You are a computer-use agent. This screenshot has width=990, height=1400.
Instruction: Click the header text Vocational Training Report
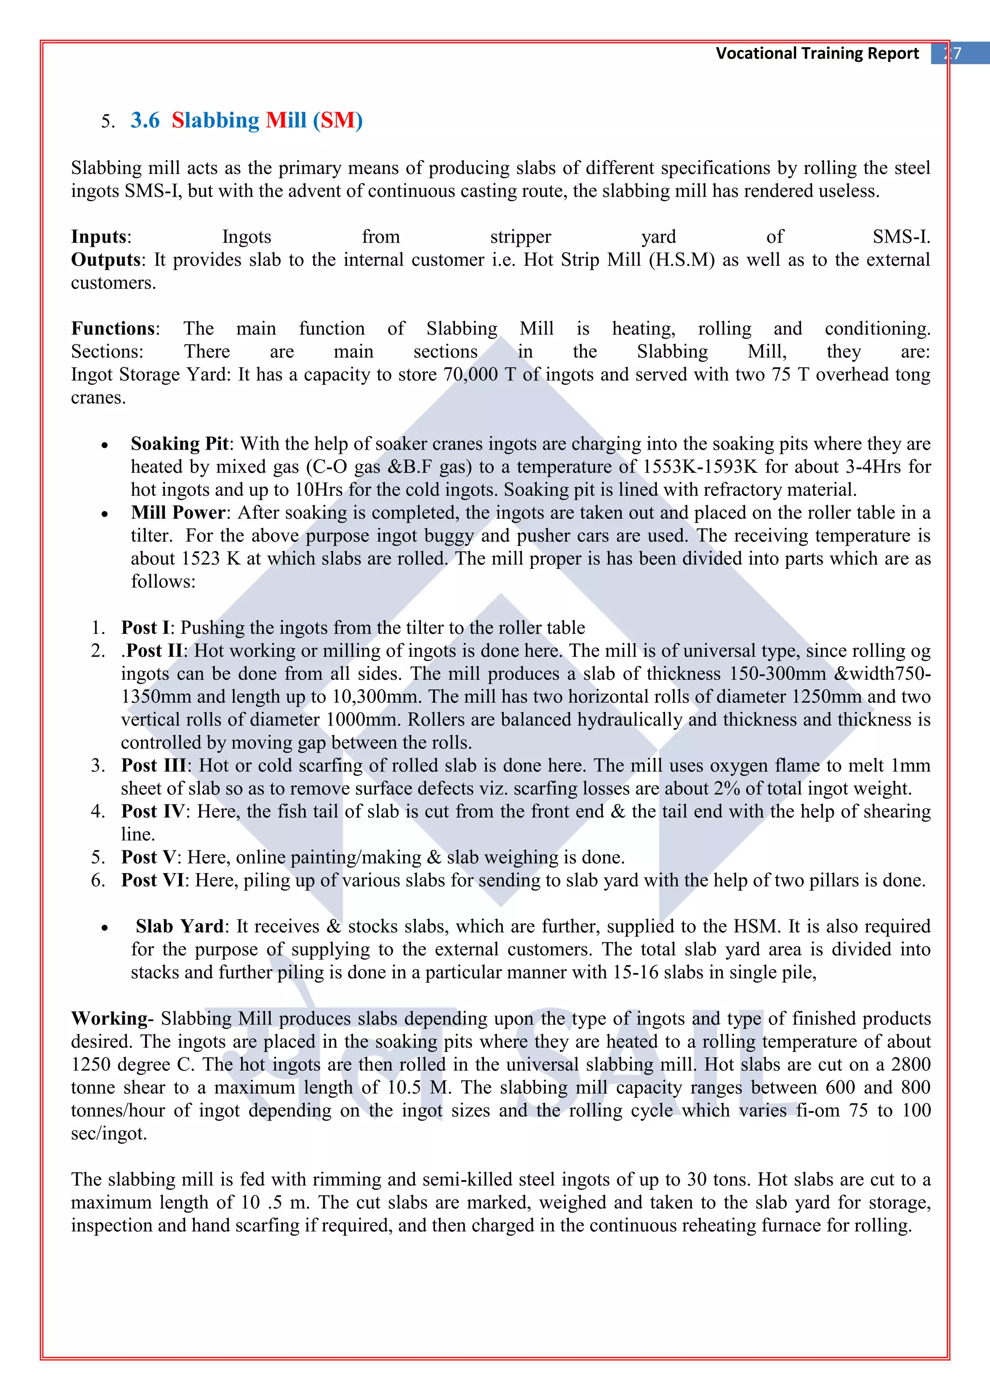pyautogui.click(x=816, y=54)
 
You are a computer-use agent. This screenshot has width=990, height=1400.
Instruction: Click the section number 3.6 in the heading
pyautogui.click(x=145, y=120)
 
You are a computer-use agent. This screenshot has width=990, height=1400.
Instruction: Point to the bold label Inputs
pyautogui.click(x=99, y=236)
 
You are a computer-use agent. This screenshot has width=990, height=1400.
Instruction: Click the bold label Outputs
pyautogui.click(x=106, y=260)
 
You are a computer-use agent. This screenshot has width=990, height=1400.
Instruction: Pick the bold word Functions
pyautogui.click(x=114, y=329)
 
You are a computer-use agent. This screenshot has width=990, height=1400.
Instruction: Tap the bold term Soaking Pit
pyautogui.click(x=180, y=443)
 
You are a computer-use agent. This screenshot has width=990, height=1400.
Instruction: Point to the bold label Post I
pyautogui.click(x=145, y=627)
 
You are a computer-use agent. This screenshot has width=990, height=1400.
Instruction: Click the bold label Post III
pyautogui.click(x=156, y=765)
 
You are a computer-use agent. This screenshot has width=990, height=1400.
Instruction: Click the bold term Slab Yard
pyautogui.click(x=180, y=926)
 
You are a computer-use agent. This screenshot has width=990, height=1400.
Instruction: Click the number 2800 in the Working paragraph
pyautogui.click(x=911, y=1064)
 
